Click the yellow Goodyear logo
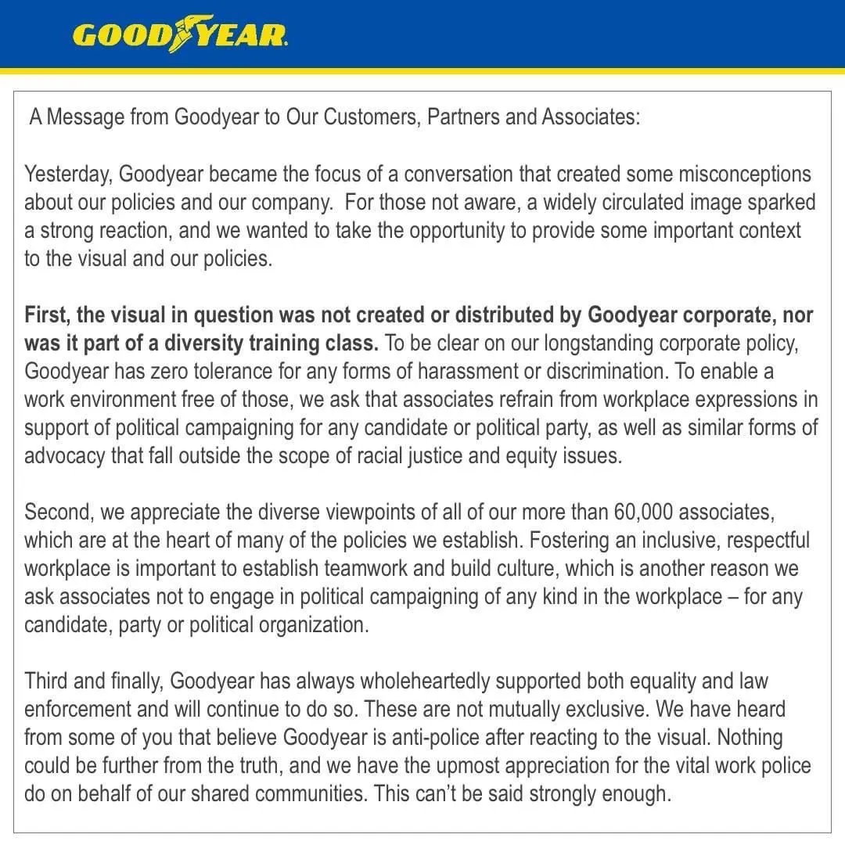(180, 35)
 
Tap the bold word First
(46, 315)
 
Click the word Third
(46, 681)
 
